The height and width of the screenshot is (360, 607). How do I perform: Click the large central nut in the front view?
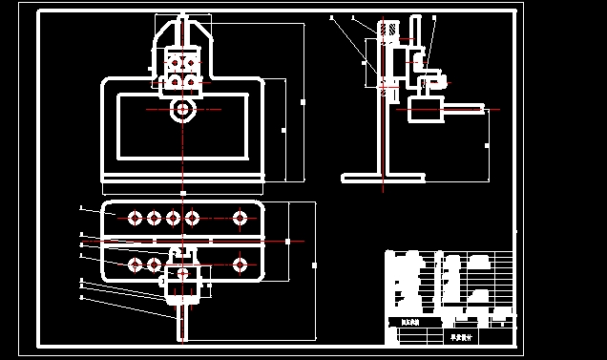[x=181, y=110]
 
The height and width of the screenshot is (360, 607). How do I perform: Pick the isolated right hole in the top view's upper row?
[x=239, y=219]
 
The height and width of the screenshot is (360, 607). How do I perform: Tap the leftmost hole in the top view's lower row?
[x=135, y=263]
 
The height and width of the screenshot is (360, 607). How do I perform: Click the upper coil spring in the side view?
[x=387, y=32]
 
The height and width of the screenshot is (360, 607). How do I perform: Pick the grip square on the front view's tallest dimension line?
[x=303, y=100]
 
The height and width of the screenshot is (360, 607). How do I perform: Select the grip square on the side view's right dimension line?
[x=488, y=144]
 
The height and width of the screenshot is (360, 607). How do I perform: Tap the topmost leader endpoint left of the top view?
[x=82, y=208]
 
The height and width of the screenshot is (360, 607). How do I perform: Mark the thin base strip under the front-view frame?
[x=181, y=180]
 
